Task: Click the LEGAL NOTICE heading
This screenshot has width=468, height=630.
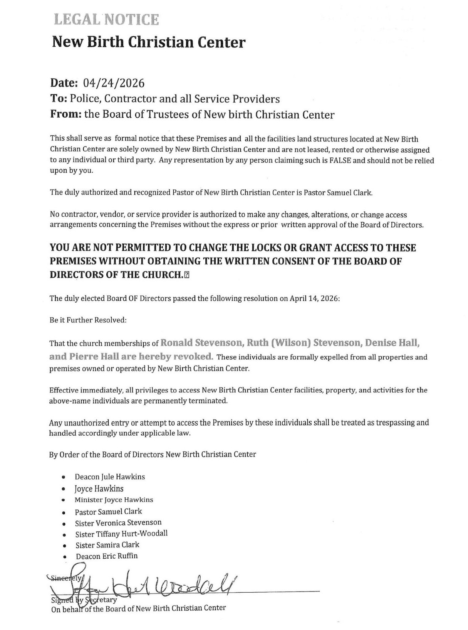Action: [106, 20]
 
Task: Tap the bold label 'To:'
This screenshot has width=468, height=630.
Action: [59, 99]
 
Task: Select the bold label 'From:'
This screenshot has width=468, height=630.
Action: [66, 115]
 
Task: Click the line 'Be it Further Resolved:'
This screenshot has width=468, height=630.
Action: [88, 320]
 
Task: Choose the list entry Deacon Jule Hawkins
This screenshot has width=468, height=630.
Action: [110, 477]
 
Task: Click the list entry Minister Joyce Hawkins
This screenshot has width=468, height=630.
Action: [114, 500]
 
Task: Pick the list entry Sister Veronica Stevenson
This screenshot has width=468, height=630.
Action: [118, 523]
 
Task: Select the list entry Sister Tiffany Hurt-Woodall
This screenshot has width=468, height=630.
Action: [121, 534]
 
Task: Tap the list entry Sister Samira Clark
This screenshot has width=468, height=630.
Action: [107, 545]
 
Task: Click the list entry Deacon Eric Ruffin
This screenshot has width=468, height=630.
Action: [107, 556]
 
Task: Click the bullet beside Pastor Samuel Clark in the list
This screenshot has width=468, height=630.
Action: [64, 513]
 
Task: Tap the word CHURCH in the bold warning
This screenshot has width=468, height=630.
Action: [163, 275]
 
